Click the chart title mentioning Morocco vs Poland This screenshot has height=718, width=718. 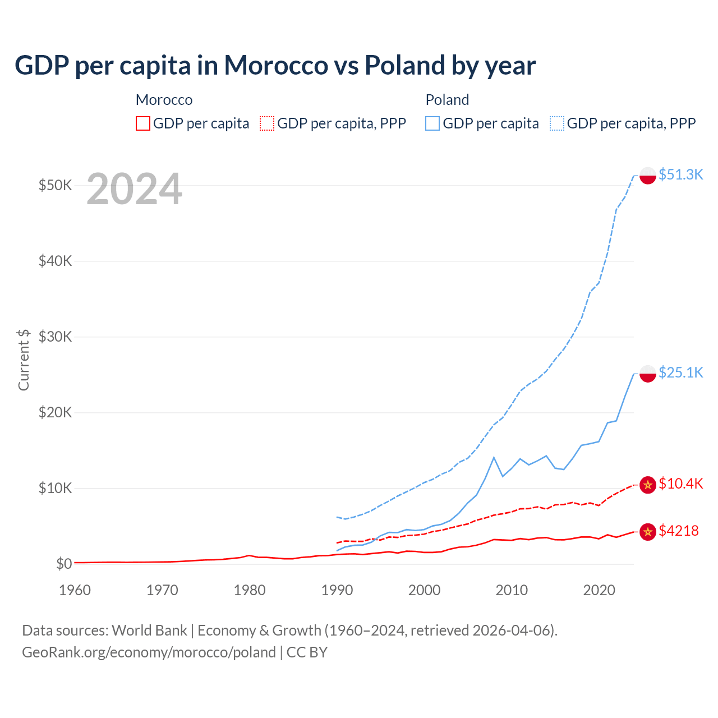point(275,65)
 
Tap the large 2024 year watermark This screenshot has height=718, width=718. point(134,190)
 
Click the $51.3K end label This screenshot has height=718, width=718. point(680,174)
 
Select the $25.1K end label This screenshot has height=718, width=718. point(680,372)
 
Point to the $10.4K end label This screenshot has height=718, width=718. point(680,484)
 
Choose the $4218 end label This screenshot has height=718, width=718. point(678,531)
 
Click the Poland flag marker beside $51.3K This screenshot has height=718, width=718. point(648,176)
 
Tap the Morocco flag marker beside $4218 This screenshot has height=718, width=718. point(648,532)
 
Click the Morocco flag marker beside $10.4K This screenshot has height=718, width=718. point(648,485)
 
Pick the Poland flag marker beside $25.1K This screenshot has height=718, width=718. point(648,374)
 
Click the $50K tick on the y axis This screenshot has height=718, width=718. point(55,185)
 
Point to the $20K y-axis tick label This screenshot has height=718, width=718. point(55,412)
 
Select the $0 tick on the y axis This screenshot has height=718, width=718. point(64,564)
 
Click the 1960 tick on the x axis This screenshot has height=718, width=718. point(75,590)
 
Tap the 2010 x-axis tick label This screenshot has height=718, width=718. point(512,590)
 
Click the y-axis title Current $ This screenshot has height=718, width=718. point(24,360)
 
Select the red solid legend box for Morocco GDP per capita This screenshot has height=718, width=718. point(143,123)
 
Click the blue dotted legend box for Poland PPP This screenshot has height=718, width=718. point(557,123)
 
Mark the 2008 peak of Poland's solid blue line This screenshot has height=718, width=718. point(494,458)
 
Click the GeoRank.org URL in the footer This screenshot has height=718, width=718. point(149,652)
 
